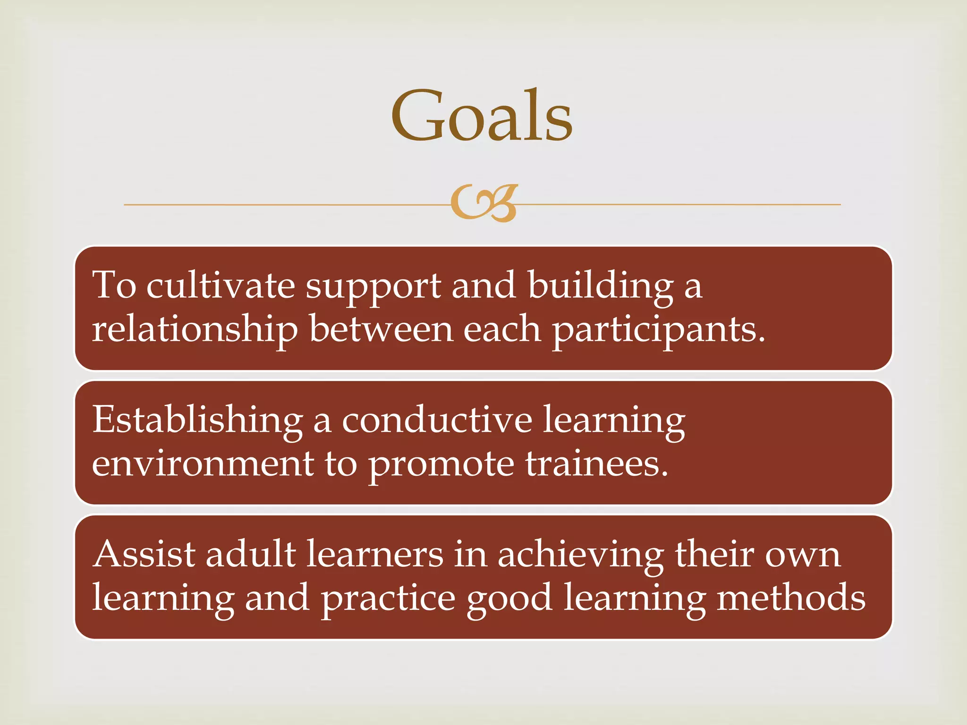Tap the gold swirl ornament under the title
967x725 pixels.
pos(484,203)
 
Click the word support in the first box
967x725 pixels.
pos(373,287)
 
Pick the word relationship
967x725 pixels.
pos(195,329)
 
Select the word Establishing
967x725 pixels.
pos(197,420)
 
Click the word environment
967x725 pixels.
pos(203,464)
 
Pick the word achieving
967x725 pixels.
pos(581,555)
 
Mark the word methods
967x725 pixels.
pos(791,598)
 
